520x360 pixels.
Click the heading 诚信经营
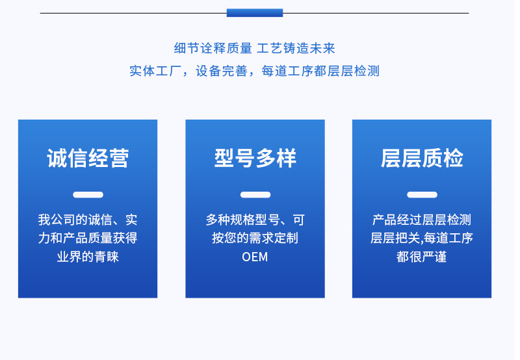pos(88,159)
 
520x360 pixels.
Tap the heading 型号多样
pos(255,159)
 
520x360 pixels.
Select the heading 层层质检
pos(422,159)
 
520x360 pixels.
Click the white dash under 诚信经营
pos(88,194)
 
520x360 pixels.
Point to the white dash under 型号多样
pos(255,194)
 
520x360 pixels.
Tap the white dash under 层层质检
pos(422,194)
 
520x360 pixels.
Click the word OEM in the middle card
pos(255,257)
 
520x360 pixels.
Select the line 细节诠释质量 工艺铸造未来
pos(254,48)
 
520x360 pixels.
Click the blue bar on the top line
pos(254,12)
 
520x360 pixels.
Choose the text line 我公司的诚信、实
pos(88,220)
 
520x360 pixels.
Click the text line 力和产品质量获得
pos(88,238)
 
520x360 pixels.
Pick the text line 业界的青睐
pos(88,257)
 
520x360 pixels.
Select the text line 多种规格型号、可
pos(255,220)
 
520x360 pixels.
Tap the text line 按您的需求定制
pos(255,238)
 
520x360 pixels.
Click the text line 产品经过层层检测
pos(422,220)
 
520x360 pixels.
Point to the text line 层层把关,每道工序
pos(422,238)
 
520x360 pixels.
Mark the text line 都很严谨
pos(422,257)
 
